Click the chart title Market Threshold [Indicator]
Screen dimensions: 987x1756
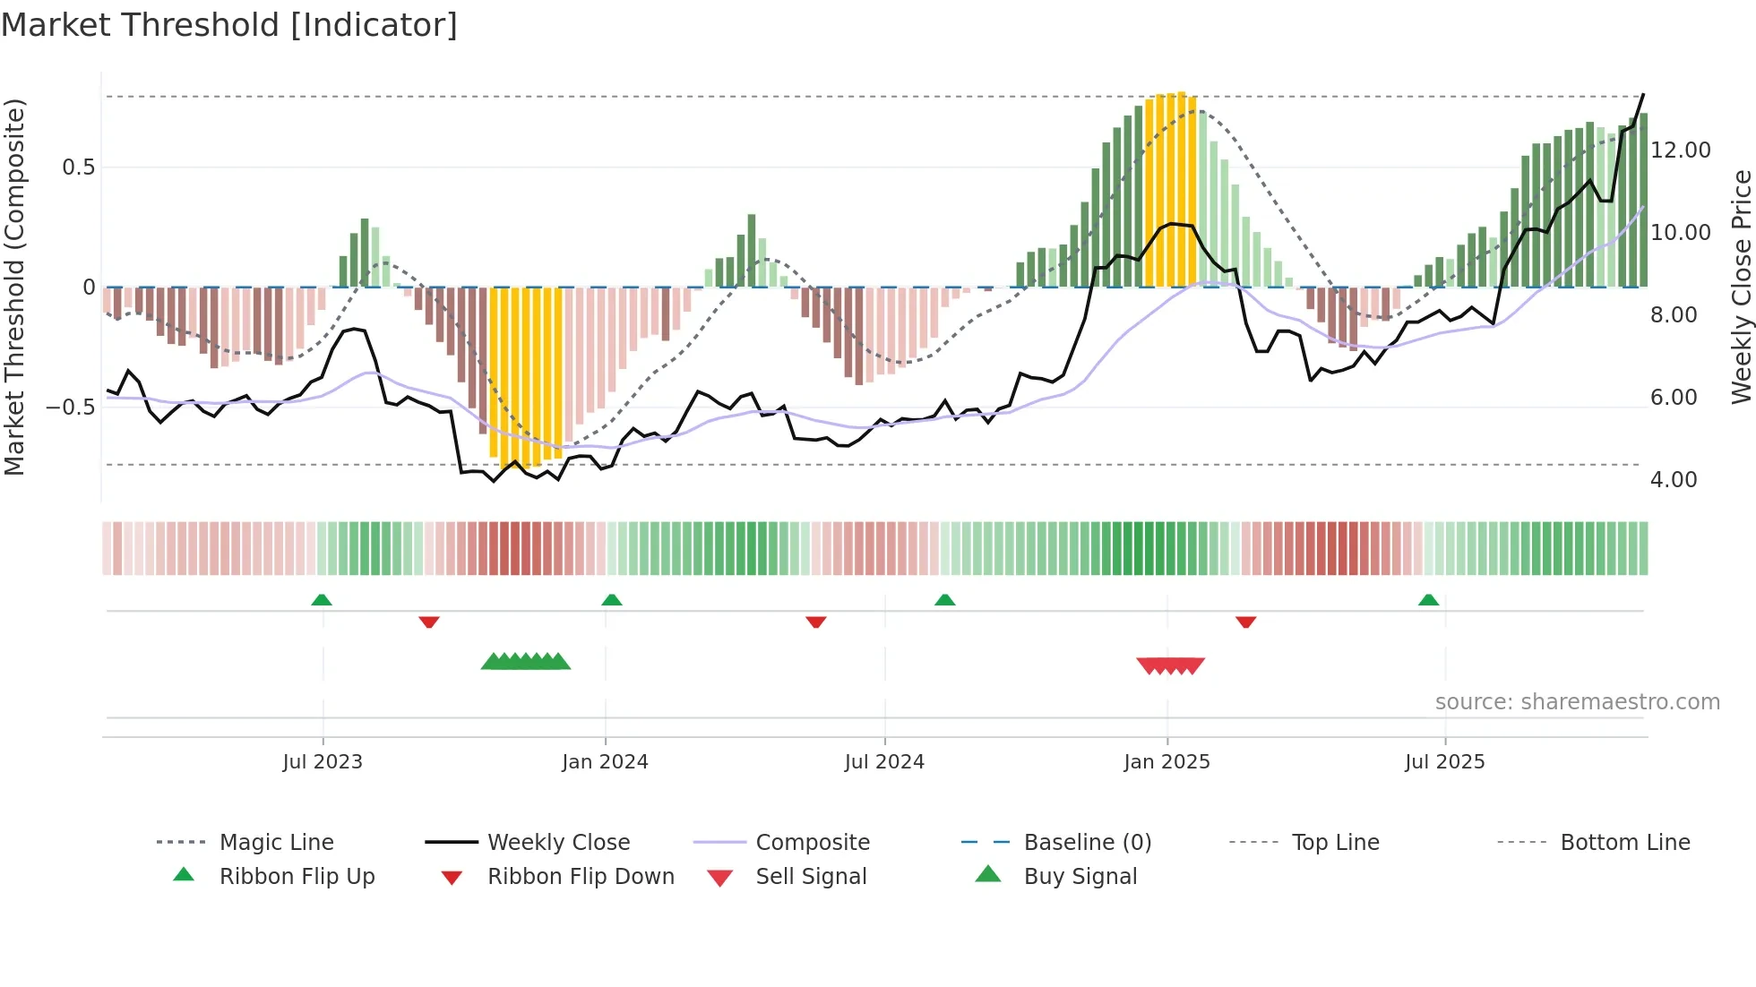[229, 25]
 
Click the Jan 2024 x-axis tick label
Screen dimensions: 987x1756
[605, 761]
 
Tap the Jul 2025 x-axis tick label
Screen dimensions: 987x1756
[1444, 761]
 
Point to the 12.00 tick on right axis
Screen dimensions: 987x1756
[1680, 150]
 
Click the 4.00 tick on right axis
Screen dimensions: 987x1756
[1673, 479]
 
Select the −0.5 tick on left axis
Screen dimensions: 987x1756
[70, 407]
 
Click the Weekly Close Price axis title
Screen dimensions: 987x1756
[1741, 287]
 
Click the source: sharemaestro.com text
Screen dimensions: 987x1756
[1577, 701]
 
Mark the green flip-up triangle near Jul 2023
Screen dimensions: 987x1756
[322, 600]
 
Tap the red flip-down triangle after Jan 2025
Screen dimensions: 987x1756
[1245, 622]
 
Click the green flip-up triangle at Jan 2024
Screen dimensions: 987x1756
[612, 600]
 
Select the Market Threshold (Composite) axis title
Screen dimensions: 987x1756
[14, 287]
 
